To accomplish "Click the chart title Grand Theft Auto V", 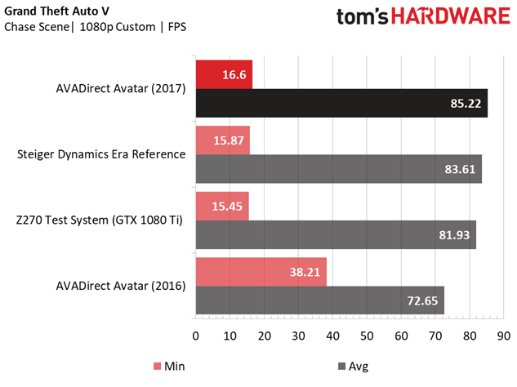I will pyautogui.click(x=56, y=11).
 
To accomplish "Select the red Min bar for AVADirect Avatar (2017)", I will pyautogui.click(x=224, y=74).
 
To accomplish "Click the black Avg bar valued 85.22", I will pyautogui.click(x=341, y=103).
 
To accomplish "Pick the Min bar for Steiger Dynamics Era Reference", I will pyautogui.click(x=222, y=140).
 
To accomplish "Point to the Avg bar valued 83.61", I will pyautogui.click(x=338, y=168).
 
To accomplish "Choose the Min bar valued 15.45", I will pyautogui.click(x=221, y=205).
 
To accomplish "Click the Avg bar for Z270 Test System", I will pyautogui.click(x=335, y=234).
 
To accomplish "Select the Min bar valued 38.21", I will pyautogui.click(x=261, y=270).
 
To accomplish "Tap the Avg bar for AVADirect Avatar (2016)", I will pyautogui.click(x=319, y=299).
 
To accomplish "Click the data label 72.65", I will pyautogui.click(x=423, y=300).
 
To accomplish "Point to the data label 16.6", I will pyautogui.click(x=235, y=74).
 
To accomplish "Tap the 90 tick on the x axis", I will pyautogui.click(x=503, y=336).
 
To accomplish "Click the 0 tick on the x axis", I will pyautogui.click(x=196, y=336).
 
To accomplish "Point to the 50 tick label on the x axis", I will pyautogui.click(x=367, y=336).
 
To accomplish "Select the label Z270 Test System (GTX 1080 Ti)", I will pyautogui.click(x=100, y=220).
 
